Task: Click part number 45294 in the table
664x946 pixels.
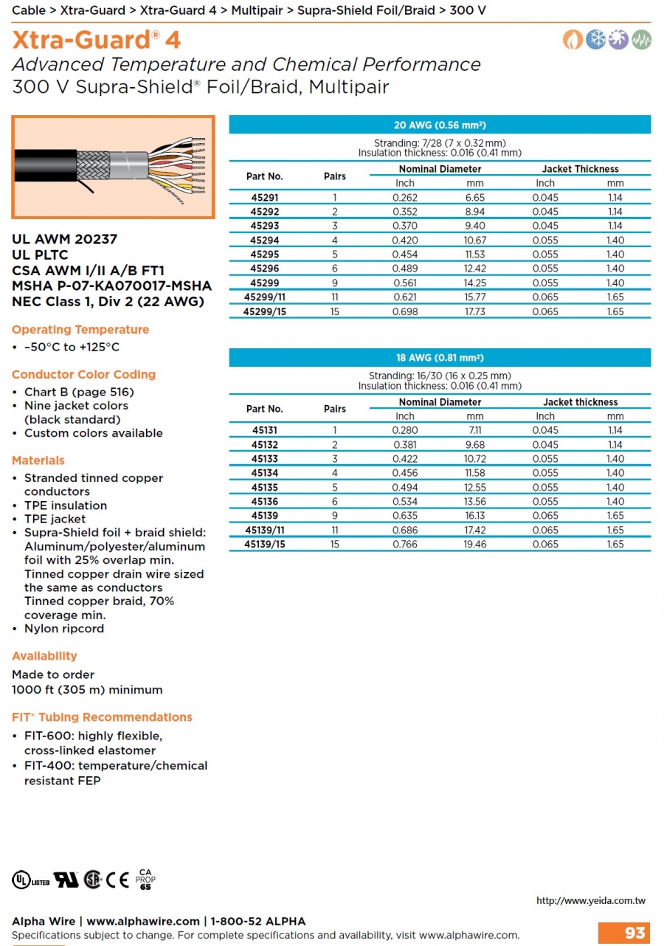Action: click(264, 241)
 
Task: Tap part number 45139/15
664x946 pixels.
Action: click(264, 545)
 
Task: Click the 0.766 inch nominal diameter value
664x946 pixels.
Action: click(405, 545)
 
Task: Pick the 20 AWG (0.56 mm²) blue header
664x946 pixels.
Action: click(440, 125)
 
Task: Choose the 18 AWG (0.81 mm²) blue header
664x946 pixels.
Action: click(440, 358)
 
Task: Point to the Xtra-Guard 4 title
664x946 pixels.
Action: click(97, 39)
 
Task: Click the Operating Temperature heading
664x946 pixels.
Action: click(80, 330)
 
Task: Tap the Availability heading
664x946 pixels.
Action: click(44, 656)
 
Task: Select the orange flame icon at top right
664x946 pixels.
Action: click(573, 40)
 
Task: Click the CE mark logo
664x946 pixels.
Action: click(117, 880)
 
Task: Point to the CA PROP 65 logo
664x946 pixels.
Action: click(145, 878)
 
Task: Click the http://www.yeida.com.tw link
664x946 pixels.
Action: click(590, 900)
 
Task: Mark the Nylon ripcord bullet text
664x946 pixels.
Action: click(64, 629)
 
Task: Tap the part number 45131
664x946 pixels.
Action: click(264, 430)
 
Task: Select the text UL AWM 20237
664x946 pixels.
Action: click(64, 239)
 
